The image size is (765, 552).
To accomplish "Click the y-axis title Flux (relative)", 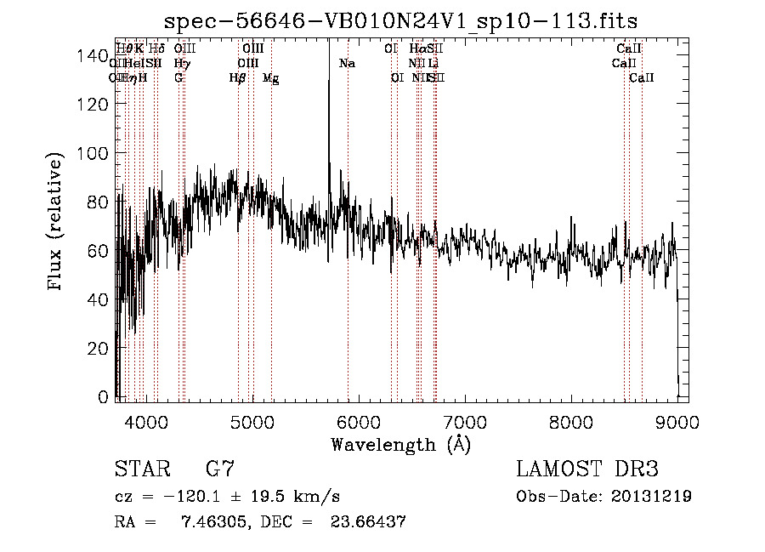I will (x=56, y=223).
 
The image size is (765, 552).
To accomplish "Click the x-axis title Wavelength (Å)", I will (x=400, y=444).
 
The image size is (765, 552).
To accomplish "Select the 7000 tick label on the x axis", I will (x=465, y=422).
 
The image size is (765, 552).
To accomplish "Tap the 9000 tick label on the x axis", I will (x=677, y=422).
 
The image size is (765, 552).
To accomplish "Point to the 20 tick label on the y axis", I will (x=97, y=348).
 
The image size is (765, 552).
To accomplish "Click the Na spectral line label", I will (x=347, y=64).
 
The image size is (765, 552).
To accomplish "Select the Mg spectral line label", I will (x=270, y=78).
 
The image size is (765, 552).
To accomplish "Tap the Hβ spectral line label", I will (x=238, y=78).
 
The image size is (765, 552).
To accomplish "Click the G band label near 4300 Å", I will (x=178, y=78).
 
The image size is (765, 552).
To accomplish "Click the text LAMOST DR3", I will (x=586, y=469).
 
